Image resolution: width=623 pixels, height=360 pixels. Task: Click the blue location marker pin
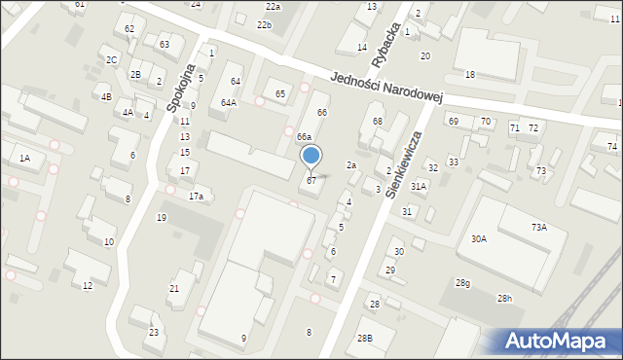click(311, 157)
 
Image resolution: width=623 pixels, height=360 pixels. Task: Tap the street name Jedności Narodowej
click(386, 89)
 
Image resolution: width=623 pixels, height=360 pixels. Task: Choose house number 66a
click(304, 137)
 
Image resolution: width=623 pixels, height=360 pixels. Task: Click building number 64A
click(229, 102)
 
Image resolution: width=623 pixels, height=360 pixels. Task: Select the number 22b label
click(264, 24)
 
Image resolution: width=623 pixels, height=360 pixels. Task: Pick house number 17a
click(197, 197)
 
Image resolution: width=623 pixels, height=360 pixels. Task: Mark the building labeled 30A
click(479, 238)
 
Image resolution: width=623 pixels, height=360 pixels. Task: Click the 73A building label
click(538, 227)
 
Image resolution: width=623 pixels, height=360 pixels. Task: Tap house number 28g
click(462, 283)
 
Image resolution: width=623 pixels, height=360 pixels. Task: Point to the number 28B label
click(364, 338)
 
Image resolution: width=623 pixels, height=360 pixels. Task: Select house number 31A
click(419, 185)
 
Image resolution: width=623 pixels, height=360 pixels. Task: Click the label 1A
click(25, 158)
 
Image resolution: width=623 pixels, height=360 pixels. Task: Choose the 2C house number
click(112, 60)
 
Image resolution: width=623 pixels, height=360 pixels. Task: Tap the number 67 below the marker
click(311, 181)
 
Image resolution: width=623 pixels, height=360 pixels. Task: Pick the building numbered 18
click(469, 75)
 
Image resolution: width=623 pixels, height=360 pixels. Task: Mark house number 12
click(88, 285)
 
